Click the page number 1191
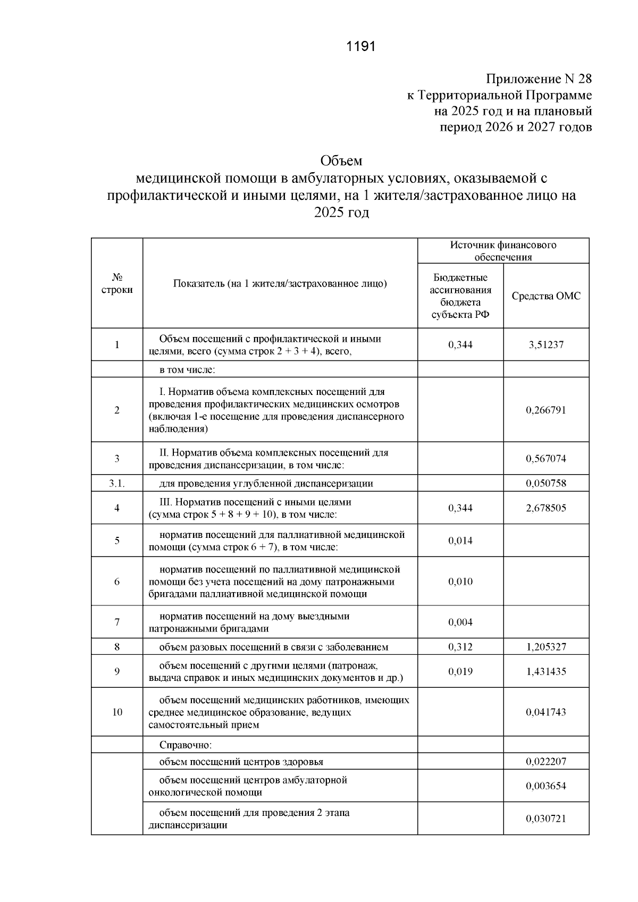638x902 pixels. tap(360, 47)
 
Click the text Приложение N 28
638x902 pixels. tap(539, 80)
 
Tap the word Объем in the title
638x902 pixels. tap(341, 161)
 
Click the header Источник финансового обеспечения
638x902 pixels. tap(503, 251)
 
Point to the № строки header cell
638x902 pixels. tap(117, 284)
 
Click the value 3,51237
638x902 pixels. tap(546, 345)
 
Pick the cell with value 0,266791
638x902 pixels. tap(546, 410)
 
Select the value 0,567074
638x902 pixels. tap(546, 459)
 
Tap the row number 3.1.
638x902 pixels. tap(117, 484)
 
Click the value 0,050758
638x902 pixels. tap(546, 484)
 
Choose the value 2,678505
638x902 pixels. tap(546, 508)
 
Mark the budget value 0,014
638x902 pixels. tap(460, 541)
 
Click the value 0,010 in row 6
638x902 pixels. tap(460, 581)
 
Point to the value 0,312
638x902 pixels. tap(460, 647)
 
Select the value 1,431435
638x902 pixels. tap(546, 672)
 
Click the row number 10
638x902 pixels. tap(117, 712)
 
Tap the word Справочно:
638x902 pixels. tap(186, 745)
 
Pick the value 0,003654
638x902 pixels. tap(546, 787)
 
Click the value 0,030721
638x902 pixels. tap(546, 819)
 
